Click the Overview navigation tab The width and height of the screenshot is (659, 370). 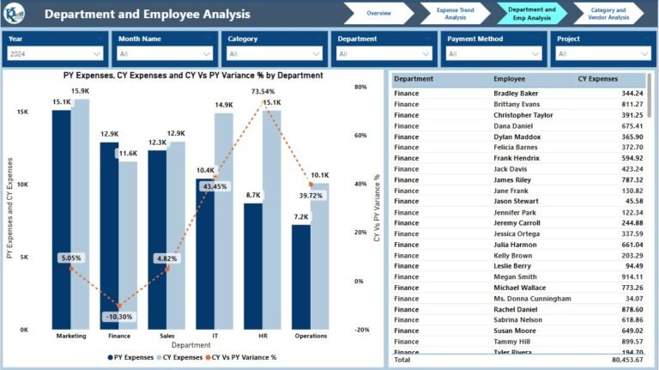click(x=378, y=14)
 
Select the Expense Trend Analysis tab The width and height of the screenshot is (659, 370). click(x=451, y=14)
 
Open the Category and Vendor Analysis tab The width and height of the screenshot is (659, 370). click(x=608, y=14)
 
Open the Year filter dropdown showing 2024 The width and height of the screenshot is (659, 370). click(x=57, y=53)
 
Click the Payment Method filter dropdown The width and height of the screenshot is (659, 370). click(x=493, y=53)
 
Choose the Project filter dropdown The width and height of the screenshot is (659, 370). click(x=603, y=53)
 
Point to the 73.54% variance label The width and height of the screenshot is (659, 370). click(x=263, y=91)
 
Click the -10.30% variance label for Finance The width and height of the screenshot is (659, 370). click(x=118, y=317)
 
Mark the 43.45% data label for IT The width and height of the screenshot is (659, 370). click(x=214, y=186)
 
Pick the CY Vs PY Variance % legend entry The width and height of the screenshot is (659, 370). click(x=244, y=357)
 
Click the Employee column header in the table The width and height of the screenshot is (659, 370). click(x=509, y=79)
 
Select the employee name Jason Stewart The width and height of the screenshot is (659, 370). click(x=516, y=201)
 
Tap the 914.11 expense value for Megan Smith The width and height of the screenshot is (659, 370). click(x=632, y=276)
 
